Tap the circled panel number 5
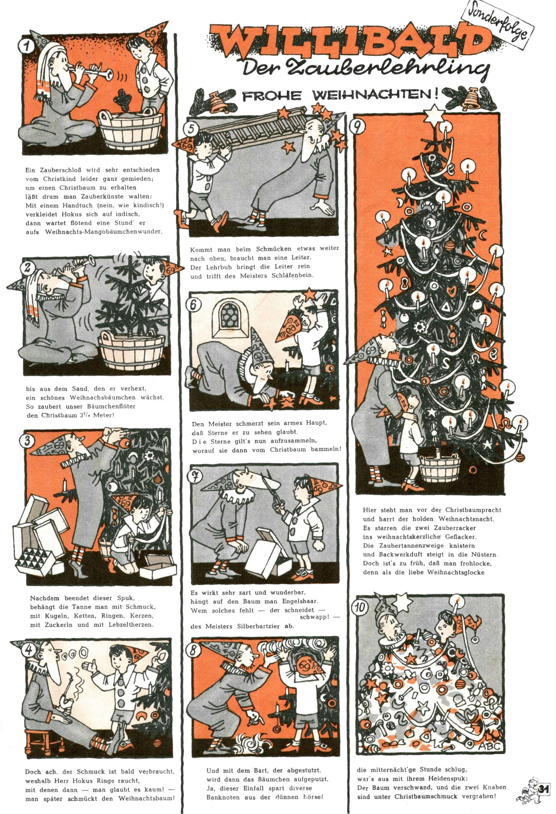[x=191, y=130]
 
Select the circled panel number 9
[x=358, y=128]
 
